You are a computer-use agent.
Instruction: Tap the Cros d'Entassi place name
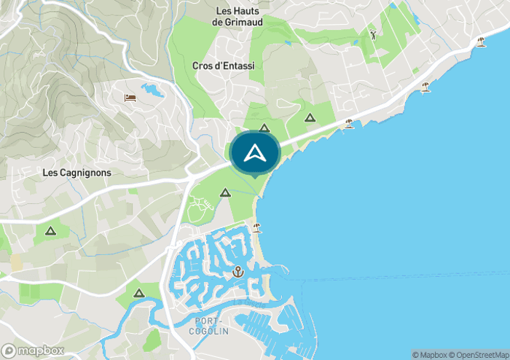224,66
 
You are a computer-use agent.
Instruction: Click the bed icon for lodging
130,98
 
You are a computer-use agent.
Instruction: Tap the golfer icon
373,34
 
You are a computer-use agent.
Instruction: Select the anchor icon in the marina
238,272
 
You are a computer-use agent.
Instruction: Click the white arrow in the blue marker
254,152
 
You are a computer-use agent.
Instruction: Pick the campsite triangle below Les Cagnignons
50,231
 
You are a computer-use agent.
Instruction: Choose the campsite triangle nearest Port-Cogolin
139,293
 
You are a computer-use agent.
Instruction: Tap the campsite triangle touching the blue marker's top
264,128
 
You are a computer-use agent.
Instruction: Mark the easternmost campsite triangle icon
310,117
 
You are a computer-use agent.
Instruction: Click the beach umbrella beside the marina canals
256,227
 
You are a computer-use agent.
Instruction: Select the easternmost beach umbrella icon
481,42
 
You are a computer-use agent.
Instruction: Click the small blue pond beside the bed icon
153,90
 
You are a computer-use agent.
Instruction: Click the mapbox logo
33,351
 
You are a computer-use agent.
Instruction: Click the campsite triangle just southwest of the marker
225,193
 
